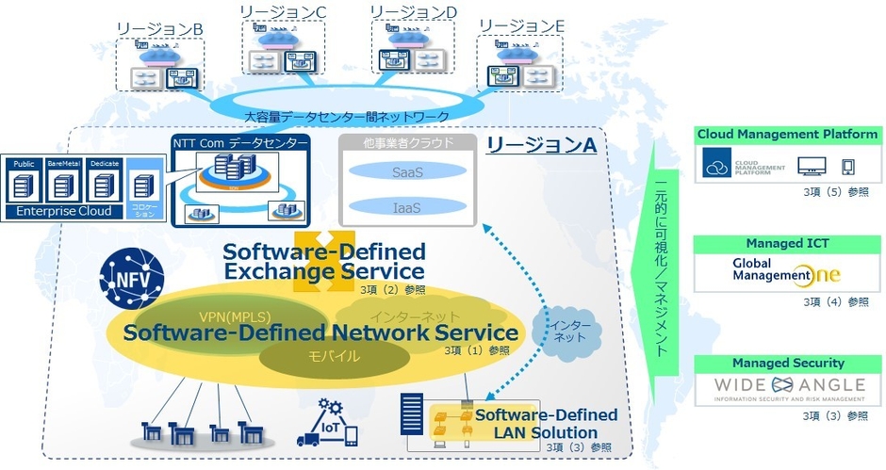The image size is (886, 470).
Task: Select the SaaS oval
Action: coord(402,171)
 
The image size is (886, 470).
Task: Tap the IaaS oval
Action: coord(402,205)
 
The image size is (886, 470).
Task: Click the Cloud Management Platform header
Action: coord(787,135)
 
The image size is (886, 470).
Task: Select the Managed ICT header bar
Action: coord(787,244)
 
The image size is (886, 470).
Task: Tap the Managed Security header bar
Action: coord(787,363)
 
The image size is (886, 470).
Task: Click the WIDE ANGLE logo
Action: coord(787,387)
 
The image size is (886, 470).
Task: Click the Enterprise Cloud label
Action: coord(64,211)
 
